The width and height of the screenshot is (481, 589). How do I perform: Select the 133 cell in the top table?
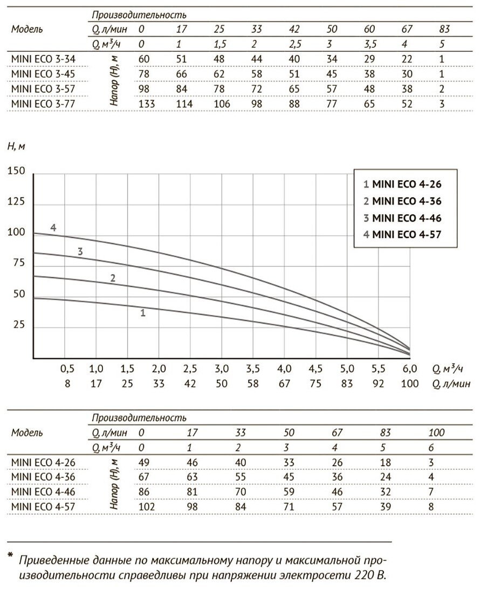(147, 104)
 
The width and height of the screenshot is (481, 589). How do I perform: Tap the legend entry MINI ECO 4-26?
(402, 184)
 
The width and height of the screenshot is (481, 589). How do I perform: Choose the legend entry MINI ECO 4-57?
(402, 234)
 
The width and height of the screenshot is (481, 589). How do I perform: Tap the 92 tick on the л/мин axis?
(378, 384)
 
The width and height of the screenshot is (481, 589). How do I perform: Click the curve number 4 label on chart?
(53, 227)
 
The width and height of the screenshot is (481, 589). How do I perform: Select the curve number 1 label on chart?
(143, 312)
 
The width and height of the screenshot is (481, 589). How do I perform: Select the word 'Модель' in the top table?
(27, 29)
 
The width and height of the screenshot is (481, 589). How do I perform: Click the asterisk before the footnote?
(10, 556)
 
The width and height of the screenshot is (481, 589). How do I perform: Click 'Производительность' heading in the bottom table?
(139, 418)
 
